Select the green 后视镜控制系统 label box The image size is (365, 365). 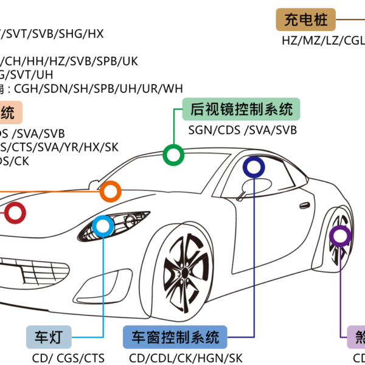click(x=241, y=109)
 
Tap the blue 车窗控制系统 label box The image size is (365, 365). click(x=175, y=336)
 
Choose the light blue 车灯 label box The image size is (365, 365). click(x=49, y=336)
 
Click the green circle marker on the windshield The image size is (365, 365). click(x=174, y=155)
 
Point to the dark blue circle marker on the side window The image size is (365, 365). click(x=253, y=167)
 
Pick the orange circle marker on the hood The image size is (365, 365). click(x=110, y=192)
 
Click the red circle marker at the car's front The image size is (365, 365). click(x=15, y=213)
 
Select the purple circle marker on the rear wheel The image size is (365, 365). click(x=340, y=236)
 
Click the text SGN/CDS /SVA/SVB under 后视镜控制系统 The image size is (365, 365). click(x=242, y=130)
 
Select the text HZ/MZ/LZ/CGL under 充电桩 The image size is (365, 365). click(x=322, y=41)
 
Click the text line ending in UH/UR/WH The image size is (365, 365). click(x=91, y=89)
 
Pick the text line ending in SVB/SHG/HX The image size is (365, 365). click(x=52, y=33)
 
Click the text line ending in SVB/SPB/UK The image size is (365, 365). click(x=70, y=61)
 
